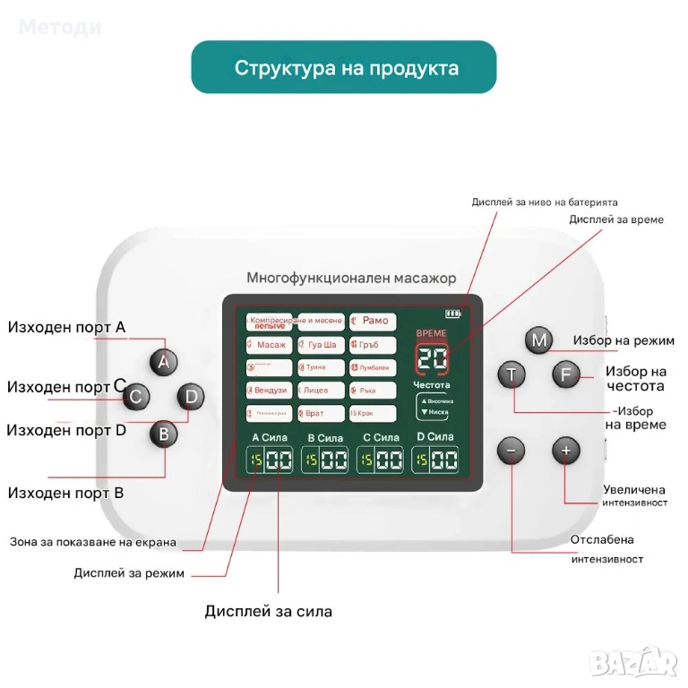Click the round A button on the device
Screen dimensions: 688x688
click(x=163, y=362)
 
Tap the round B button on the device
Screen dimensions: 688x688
click(x=163, y=434)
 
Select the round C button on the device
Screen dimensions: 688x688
click(x=135, y=396)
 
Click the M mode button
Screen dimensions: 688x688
click(x=538, y=340)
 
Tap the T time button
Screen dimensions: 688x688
click(x=512, y=374)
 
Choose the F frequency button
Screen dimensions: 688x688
click(x=564, y=374)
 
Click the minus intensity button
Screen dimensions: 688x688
click(x=512, y=451)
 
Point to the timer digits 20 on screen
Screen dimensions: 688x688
click(x=434, y=359)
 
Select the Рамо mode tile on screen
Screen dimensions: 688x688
click(x=374, y=321)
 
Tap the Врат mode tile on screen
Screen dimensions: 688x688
click(x=320, y=413)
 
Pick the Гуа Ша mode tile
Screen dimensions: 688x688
click(x=320, y=345)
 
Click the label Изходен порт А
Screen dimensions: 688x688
click(x=66, y=328)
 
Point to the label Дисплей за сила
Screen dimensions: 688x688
click(x=268, y=612)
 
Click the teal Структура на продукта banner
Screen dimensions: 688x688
click(x=344, y=68)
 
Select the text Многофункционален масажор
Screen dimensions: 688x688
click(x=351, y=279)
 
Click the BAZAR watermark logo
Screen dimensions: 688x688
click(x=636, y=662)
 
